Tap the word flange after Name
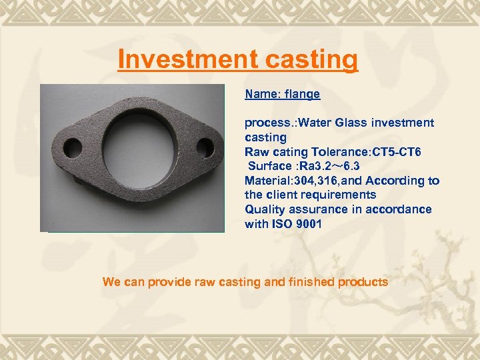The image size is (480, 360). point(302,94)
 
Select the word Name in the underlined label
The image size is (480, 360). point(261,94)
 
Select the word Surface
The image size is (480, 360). point(270,166)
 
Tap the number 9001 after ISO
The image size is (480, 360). point(307,224)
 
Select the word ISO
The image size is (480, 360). point(281,224)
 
